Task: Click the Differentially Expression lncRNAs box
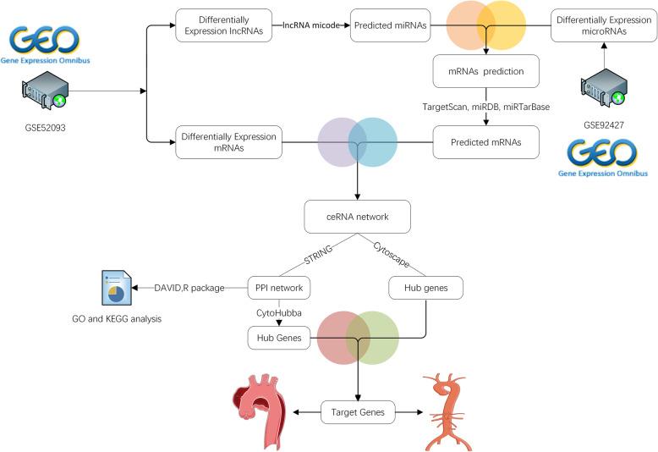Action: pyautogui.click(x=224, y=25)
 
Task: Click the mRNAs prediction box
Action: pyautogui.click(x=485, y=72)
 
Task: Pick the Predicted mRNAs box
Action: pyautogui.click(x=485, y=142)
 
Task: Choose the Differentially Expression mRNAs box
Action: pyautogui.click(x=228, y=142)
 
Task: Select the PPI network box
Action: pyautogui.click(x=279, y=289)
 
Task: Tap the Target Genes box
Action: pyautogui.click(x=358, y=412)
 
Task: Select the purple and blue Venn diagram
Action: pyautogui.click(x=358, y=142)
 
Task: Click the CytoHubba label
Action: pyautogui.click(x=279, y=313)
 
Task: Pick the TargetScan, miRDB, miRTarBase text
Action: pyautogui.click(x=485, y=107)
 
